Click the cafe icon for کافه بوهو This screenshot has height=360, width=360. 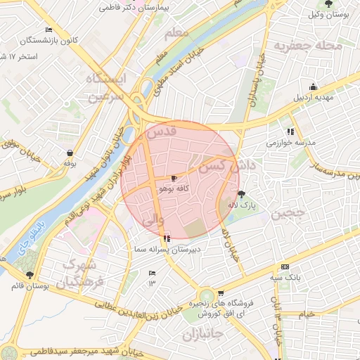point(174,179)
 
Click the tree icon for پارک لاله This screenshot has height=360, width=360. point(241,194)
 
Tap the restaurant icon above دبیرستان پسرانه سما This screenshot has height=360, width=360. point(166,238)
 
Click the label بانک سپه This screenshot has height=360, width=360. point(286,278)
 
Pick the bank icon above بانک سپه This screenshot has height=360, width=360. point(284,267)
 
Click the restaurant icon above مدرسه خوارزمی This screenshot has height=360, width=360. point(290,131)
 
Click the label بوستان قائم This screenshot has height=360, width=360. point(29,286)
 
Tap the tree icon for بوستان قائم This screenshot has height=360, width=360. point(29,275)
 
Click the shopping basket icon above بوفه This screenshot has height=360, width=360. point(70,153)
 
